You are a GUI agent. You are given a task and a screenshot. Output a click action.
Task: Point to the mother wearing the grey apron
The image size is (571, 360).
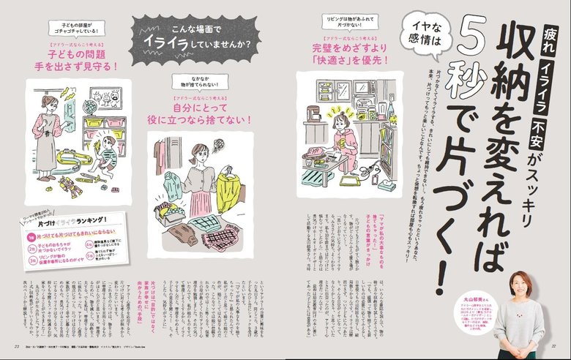49,138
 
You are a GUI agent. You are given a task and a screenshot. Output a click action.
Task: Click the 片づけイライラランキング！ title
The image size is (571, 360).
70,220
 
